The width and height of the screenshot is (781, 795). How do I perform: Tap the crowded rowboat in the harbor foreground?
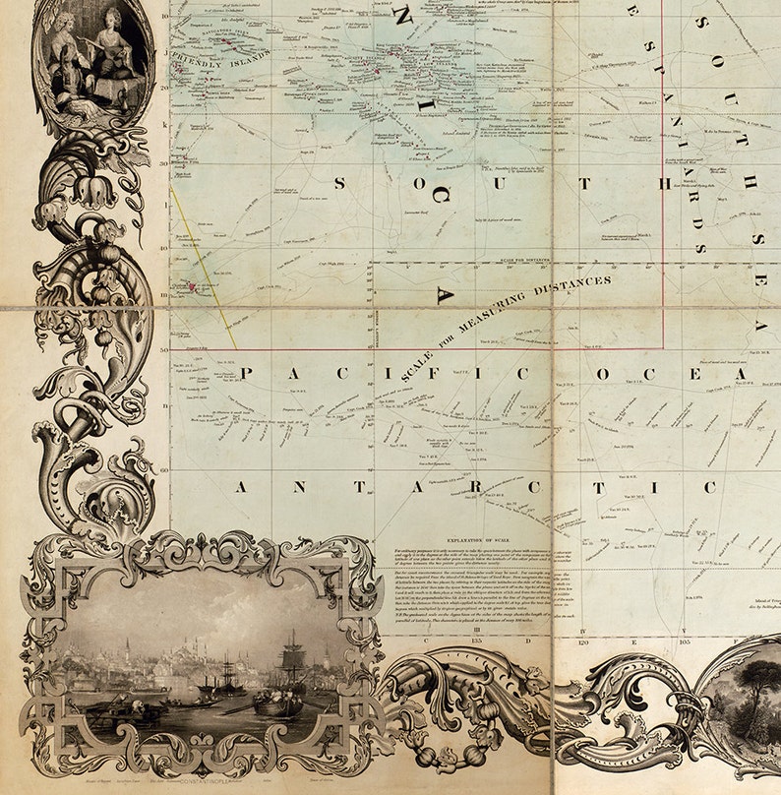[275, 703]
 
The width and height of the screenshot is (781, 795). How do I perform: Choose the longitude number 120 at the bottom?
[584, 639]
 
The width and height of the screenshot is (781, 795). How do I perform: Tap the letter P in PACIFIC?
[246, 373]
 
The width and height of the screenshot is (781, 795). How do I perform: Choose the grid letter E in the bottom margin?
[636, 639]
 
